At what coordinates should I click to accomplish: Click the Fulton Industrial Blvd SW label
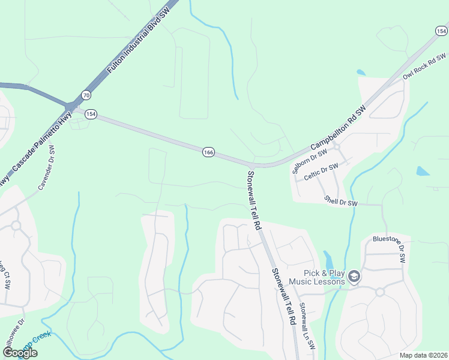[140, 41]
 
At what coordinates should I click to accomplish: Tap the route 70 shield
[86, 95]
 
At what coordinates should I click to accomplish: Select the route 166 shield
[208, 152]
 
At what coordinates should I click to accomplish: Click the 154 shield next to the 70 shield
[91, 114]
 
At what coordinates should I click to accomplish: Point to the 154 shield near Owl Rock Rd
[441, 31]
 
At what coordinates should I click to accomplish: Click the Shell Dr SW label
[340, 201]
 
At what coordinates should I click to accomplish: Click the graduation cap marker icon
[354, 277]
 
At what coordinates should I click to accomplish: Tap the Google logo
[20, 353]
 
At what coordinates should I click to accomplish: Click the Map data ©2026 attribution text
[424, 355]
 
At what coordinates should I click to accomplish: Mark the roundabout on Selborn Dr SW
[337, 146]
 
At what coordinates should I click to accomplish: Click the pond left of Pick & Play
[328, 260]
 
